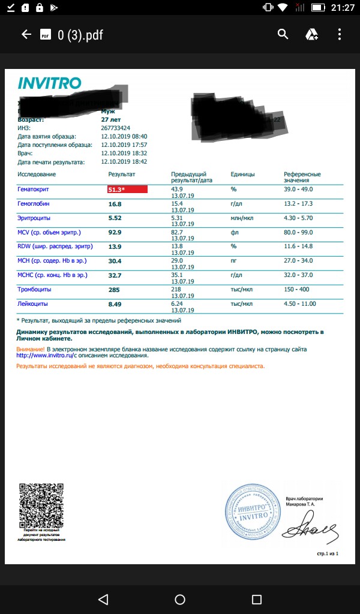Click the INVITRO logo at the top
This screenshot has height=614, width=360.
click(x=49, y=83)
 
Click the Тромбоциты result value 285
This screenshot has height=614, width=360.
click(x=115, y=290)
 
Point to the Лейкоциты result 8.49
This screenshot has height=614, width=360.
click(x=115, y=304)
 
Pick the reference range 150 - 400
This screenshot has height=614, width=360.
click(x=298, y=290)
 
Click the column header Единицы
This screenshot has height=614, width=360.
click(x=242, y=174)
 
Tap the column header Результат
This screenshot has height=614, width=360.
click(x=122, y=174)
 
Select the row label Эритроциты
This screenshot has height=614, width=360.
click(x=34, y=218)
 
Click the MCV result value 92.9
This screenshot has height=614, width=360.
click(x=115, y=233)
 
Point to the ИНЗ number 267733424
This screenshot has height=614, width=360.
click(x=116, y=128)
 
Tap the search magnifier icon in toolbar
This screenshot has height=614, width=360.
click(x=283, y=34)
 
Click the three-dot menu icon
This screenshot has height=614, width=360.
click(x=340, y=34)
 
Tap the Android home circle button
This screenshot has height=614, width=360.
click(x=180, y=600)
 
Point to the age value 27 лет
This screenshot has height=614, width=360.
click(x=112, y=120)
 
